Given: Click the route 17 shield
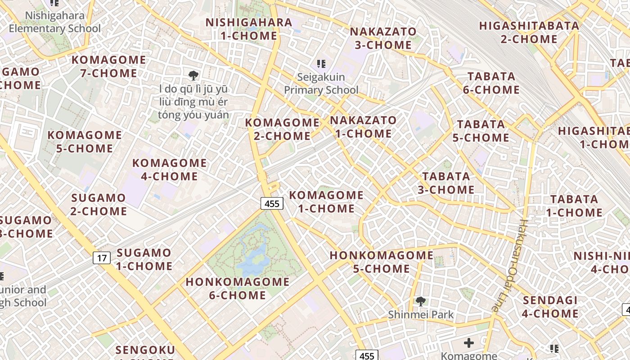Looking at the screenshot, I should tap(102, 258).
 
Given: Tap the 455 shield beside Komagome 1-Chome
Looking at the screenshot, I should tap(272, 203).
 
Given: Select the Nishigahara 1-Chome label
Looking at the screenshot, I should tap(249, 29).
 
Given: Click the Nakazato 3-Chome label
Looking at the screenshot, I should tap(383, 38).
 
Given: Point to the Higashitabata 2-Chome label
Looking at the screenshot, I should tap(529, 32).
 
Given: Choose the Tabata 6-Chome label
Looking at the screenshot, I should tap(491, 83).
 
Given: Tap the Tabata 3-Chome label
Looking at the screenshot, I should tap(446, 183).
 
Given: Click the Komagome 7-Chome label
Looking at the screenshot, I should tap(109, 66).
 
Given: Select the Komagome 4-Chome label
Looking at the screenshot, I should tap(170, 169).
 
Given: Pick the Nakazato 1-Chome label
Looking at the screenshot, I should tap(364, 127).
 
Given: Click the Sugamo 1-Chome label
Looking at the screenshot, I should tap(144, 259).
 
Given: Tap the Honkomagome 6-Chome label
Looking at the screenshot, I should tap(238, 288).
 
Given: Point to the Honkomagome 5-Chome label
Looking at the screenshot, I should tap(382, 262).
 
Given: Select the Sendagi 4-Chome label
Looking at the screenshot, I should tap(550, 307).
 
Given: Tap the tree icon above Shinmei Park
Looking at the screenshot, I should tap(421, 301).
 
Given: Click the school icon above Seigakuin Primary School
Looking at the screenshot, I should tap(321, 64).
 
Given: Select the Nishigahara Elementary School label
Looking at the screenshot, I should tap(55, 22).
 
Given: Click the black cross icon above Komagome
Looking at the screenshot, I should tap(469, 343).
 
